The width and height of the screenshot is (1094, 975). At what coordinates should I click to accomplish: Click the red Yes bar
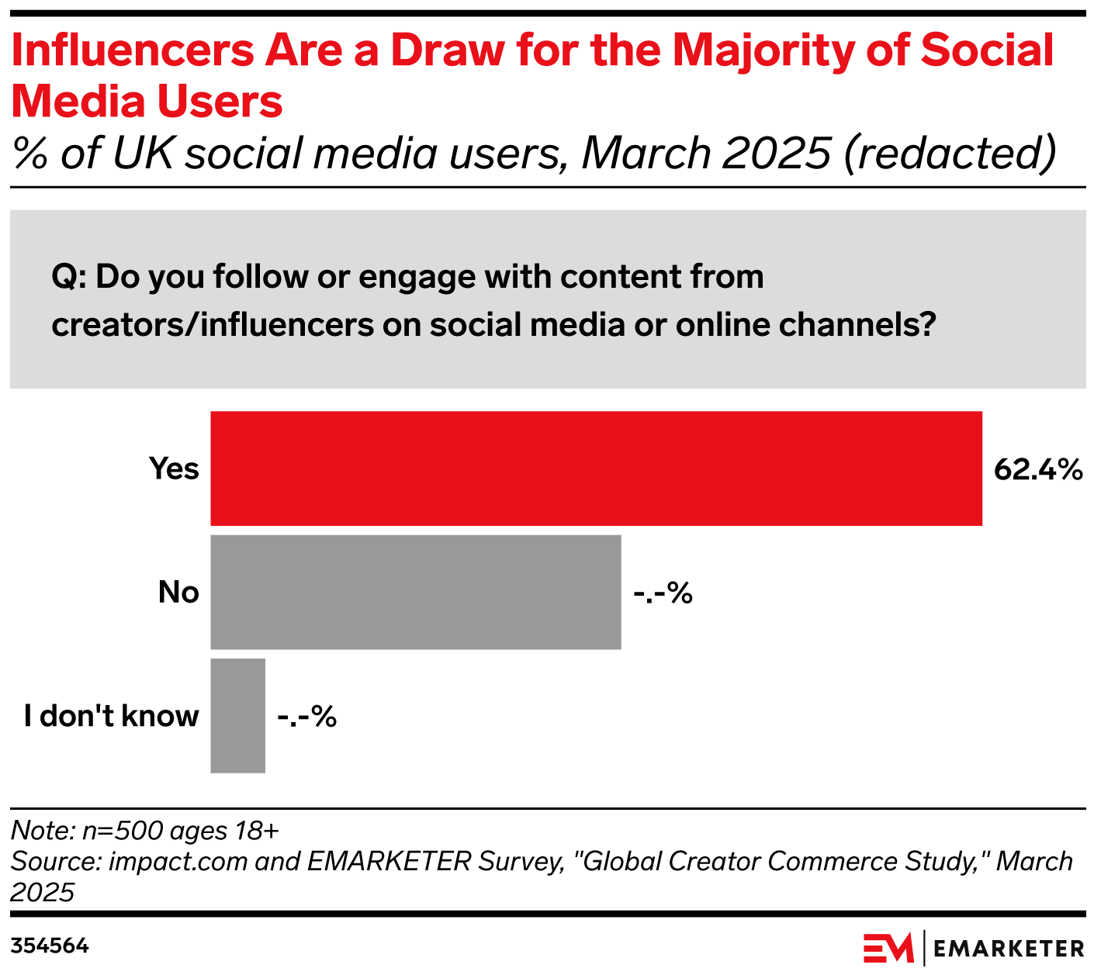tap(596, 468)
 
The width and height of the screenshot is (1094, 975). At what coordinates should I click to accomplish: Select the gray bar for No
tap(416, 592)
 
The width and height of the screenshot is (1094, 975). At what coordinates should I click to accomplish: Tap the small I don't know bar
tap(237, 715)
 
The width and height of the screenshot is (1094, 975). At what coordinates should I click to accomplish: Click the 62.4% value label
tap(1038, 469)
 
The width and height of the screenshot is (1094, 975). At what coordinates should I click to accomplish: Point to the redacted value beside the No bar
tap(663, 593)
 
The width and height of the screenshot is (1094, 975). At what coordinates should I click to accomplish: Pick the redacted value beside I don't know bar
tap(306, 717)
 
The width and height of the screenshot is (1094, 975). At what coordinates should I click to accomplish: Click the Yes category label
tap(174, 469)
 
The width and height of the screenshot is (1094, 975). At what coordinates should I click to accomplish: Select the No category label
tap(178, 593)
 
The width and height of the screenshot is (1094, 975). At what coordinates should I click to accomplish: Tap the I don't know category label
tap(111, 716)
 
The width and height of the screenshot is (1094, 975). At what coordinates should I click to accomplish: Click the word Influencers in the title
tap(133, 50)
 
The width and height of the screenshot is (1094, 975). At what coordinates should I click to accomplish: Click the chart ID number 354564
tap(50, 946)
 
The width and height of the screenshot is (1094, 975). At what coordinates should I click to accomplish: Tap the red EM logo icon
tap(888, 948)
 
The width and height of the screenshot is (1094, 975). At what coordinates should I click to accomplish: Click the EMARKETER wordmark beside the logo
tap(1009, 948)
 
